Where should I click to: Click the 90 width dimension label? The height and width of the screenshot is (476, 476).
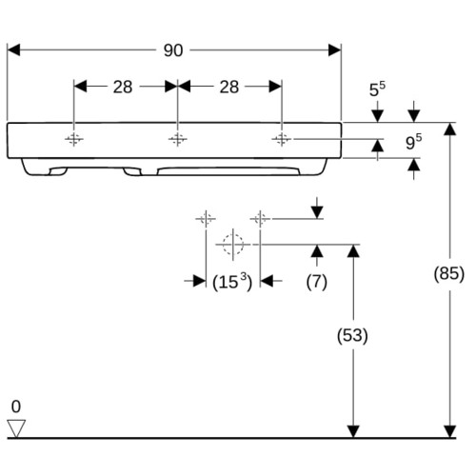173,50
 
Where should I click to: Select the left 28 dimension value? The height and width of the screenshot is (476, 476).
123,87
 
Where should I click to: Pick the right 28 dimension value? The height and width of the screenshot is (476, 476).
229,87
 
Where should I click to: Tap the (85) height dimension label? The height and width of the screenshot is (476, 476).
449,273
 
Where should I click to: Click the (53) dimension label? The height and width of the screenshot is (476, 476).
352,335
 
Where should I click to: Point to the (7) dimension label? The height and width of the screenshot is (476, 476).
317,282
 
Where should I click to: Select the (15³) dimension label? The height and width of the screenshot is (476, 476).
232,282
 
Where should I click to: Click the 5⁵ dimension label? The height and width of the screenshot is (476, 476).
377,89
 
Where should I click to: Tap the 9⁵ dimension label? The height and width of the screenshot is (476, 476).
414,142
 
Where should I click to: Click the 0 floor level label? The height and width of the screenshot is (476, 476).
16,407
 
